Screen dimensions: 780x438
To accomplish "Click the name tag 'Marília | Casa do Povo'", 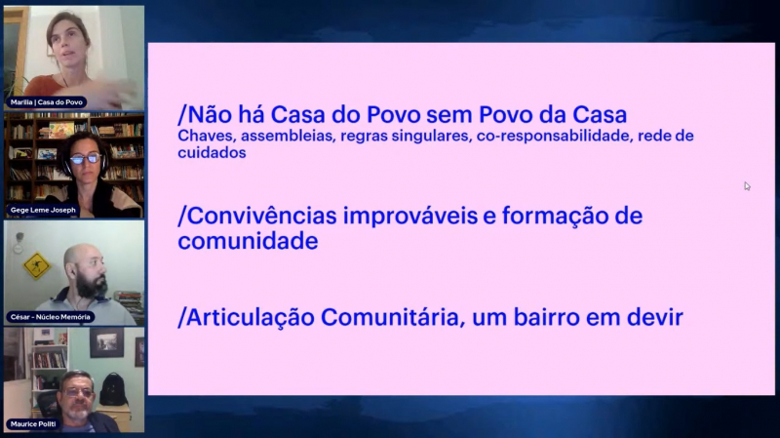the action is point(46,102).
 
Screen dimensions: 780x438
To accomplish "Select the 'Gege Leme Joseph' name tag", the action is point(43,210).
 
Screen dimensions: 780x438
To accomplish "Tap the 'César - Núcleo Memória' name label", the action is point(51,317).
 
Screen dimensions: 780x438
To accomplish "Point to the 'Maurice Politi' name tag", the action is point(33,424).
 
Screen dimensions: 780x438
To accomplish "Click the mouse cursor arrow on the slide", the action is point(747,186).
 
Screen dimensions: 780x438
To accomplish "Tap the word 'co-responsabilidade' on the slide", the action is point(553,137).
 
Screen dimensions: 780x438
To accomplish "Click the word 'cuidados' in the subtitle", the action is point(212,152).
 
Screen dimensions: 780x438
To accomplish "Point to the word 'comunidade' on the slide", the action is point(248,241).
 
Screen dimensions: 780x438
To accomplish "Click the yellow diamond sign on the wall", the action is point(36,265).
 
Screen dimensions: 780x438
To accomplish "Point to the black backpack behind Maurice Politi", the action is point(113,390).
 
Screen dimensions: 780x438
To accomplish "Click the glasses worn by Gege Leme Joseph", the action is point(85,159).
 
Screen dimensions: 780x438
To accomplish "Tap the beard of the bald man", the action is point(93,286).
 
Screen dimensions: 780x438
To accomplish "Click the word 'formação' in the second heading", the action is point(553,217).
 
